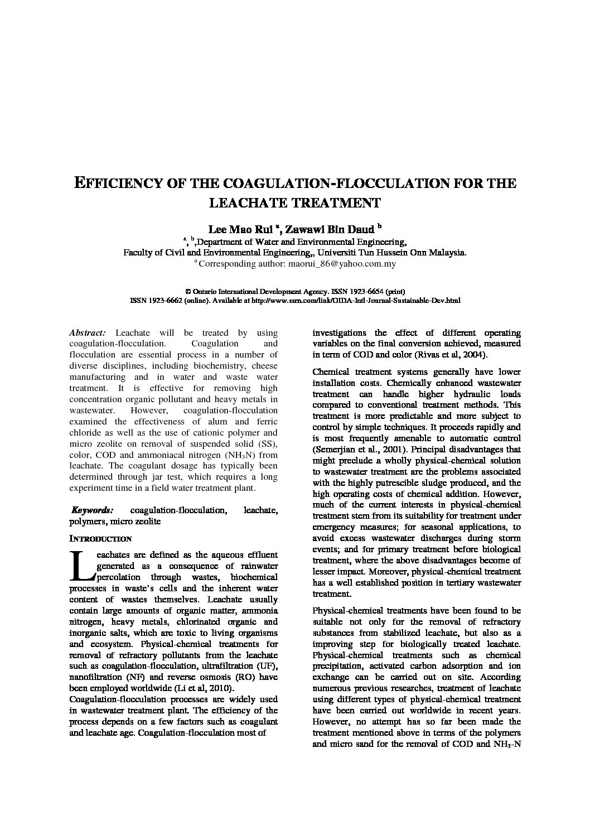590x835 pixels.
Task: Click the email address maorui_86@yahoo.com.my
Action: point(342,263)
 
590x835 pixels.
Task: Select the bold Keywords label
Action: point(93,510)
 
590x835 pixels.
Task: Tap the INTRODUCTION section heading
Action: point(100,539)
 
